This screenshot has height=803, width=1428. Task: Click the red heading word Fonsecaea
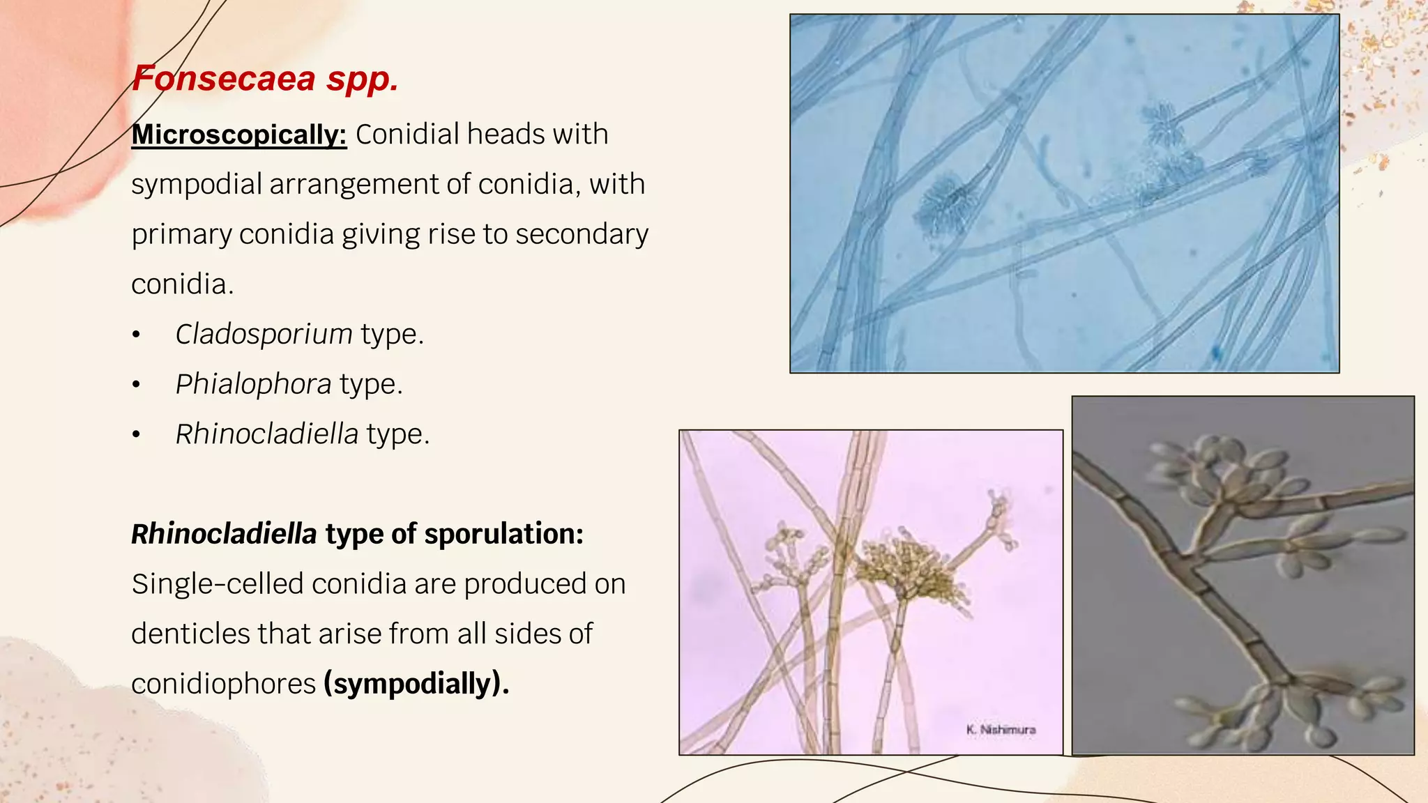223,78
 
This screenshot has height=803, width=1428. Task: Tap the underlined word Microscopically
238,134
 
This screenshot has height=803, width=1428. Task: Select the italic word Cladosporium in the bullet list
264,334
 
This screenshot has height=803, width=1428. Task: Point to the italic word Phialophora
253,384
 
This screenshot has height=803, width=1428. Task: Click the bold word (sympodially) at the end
416,684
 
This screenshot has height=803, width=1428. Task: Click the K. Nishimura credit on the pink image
1001,730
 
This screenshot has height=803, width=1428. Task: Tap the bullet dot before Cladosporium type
137,335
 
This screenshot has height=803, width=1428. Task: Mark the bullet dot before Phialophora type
137,385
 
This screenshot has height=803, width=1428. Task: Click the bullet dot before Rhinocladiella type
137,435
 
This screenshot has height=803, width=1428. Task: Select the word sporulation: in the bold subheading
503,534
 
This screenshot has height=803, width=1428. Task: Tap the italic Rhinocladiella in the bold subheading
224,534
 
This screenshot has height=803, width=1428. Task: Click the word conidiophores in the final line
223,684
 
